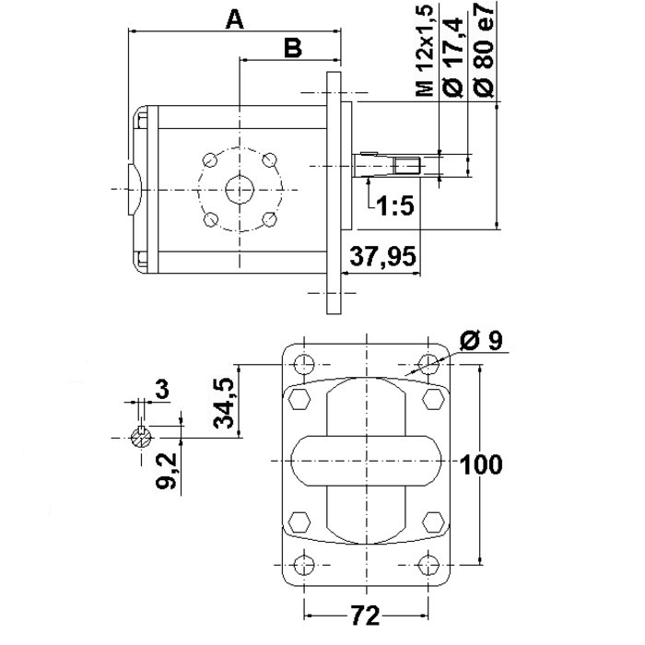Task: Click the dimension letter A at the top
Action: [x=236, y=18]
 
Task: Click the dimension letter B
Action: [x=292, y=49]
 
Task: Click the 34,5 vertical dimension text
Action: [x=224, y=402]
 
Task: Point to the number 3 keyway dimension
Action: [x=163, y=390]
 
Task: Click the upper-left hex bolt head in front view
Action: [x=299, y=400]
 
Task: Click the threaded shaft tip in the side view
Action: [x=407, y=166]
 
